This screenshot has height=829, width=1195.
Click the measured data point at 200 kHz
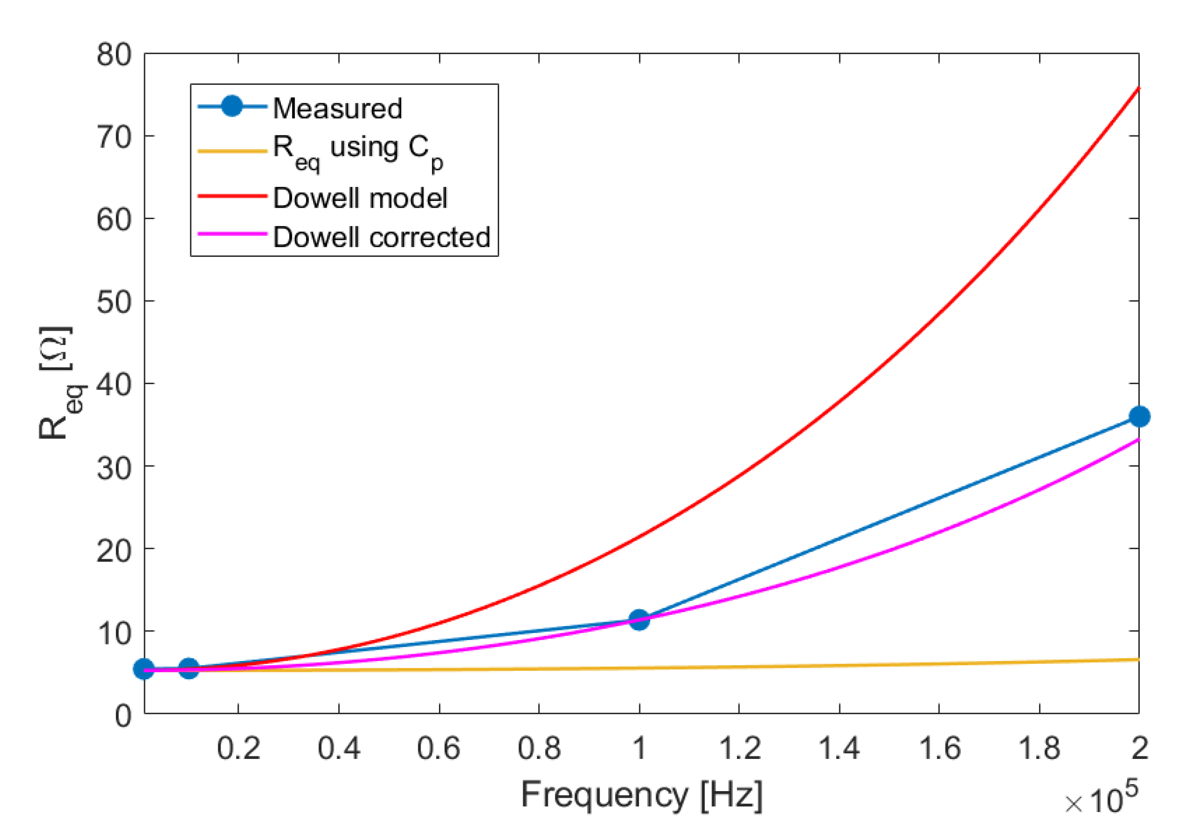(x=1139, y=417)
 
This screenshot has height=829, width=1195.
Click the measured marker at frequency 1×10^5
(x=638, y=619)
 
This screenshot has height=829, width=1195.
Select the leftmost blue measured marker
(x=144, y=669)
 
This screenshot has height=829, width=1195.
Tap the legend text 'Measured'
(x=337, y=108)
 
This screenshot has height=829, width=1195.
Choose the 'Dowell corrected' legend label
(x=381, y=237)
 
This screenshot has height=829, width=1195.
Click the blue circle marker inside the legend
(x=232, y=107)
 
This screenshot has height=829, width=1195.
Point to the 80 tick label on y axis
(x=114, y=54)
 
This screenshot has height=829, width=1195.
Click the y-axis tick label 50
(x=114, y=301)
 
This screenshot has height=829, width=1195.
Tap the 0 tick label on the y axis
(x=123, y=716)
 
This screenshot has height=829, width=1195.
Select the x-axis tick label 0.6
(x=439, y=748)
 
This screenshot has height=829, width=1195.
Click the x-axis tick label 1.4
(x=839, y=748)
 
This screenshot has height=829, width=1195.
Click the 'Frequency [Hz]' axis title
(x=641, y=794)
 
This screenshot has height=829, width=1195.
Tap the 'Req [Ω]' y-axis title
(x=56, y=383)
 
